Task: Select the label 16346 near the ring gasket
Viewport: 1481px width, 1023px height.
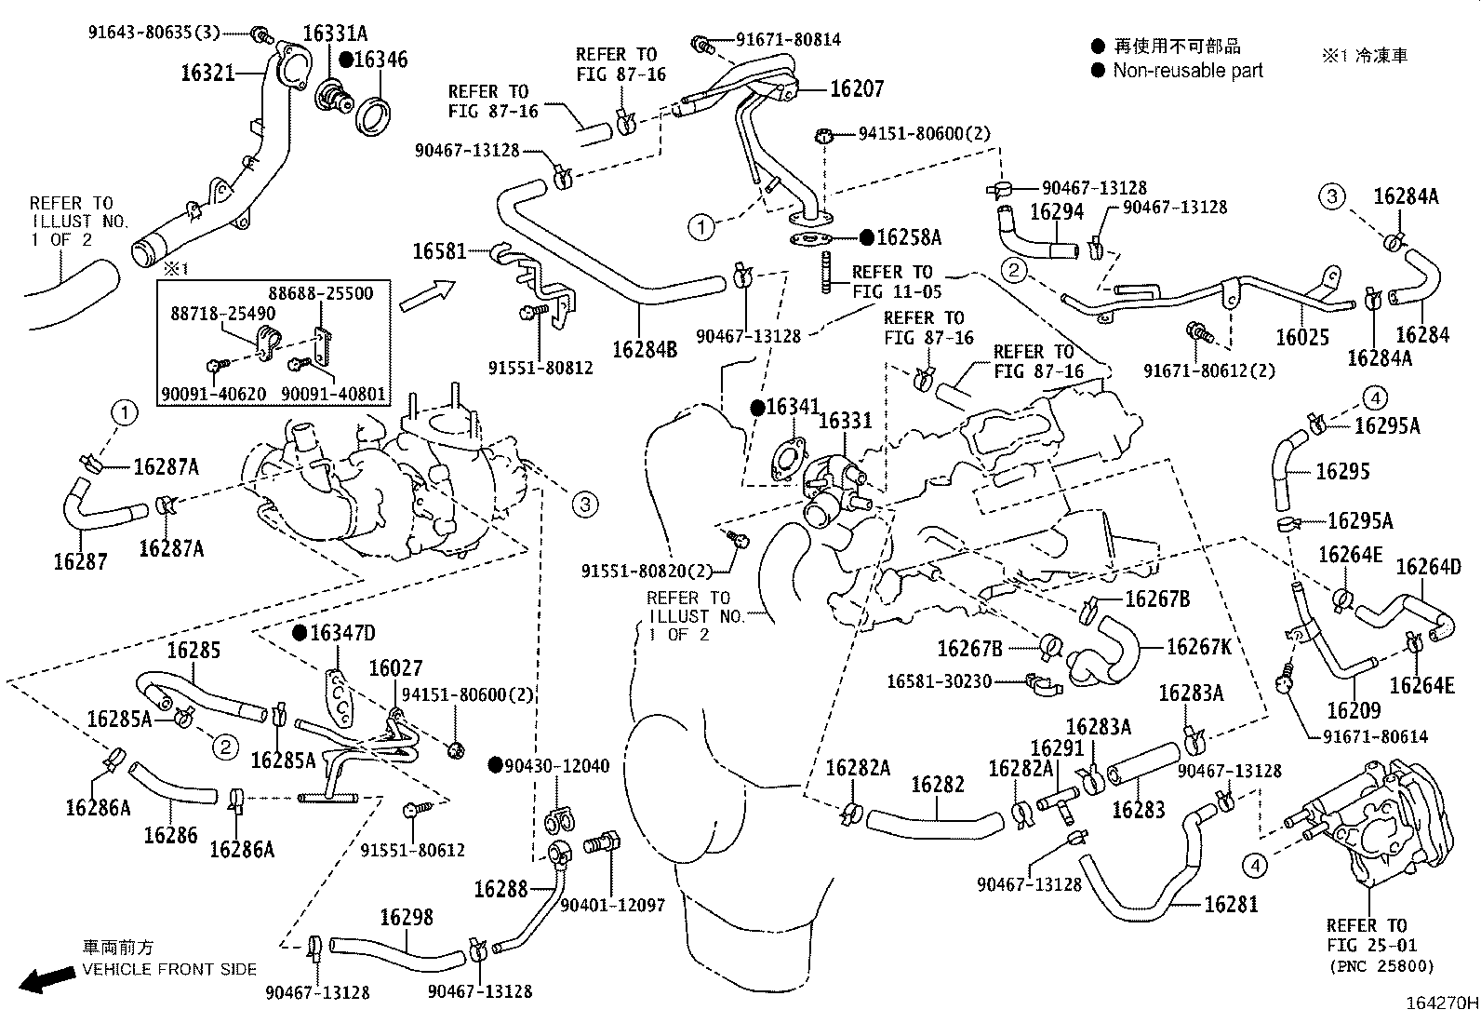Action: tap(380, 60)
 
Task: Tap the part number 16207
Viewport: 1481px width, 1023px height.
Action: tap(856, 88)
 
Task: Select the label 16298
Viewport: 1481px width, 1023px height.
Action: tap(407, 918)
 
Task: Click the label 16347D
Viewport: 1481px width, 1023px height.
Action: tap(342, 634)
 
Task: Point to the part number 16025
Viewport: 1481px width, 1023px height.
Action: tap(1301, 337)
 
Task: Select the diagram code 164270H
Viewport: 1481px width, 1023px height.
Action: tap(1441, 1004)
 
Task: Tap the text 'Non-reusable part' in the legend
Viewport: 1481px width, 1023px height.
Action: tap(1188, 70)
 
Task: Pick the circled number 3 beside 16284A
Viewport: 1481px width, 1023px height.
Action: tap(1332, 196)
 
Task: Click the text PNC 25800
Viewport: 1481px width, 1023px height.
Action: tap(1381, 965)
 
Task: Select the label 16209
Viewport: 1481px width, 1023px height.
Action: tap(1354, 711)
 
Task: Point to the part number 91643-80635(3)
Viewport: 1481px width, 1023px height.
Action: tap(153, 33)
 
